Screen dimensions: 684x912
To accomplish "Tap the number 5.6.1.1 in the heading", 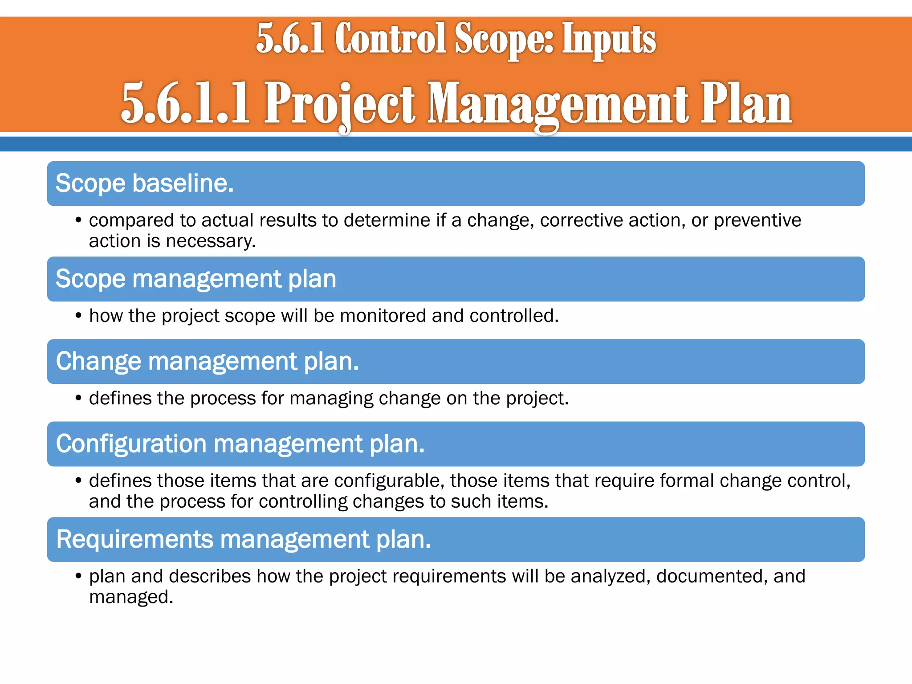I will [x=185, y=103].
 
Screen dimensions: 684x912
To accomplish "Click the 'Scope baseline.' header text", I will [x=144, y=183].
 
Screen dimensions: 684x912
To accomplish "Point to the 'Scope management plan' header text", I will [x=195, y=279].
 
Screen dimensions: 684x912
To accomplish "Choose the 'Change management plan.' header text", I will [x=207, y=361].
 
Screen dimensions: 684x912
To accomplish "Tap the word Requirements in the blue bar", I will [x=135, y=539].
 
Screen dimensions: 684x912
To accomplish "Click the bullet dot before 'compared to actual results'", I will [x=78, y=220].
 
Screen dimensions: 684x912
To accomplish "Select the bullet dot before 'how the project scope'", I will [x=78, y=316].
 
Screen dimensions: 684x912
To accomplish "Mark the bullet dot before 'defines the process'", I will [x=78, y=398].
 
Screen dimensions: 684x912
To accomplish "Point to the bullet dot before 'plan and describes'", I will [x=78, y=576].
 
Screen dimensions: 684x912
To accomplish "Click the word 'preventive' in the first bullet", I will [x=757, y=220].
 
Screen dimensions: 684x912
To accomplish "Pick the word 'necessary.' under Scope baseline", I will [x=211, y=241].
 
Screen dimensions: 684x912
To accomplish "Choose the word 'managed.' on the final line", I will [x=131, y=597].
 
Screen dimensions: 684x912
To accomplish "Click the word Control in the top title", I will [x=390, y=39].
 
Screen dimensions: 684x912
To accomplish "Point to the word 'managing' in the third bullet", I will [x=331, y=398].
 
